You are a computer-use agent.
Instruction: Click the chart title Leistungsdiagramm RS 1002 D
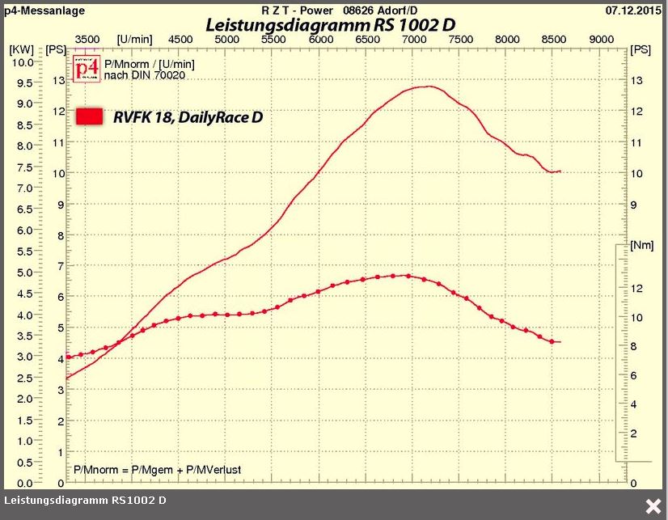[x=330, y=25]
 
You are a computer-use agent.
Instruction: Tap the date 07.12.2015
[x=633, y=10]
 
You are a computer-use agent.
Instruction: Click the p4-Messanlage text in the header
[x=36, y=10]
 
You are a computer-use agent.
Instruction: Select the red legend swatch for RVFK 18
[x=89, y=116]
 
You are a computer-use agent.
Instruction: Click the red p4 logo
[x=86, y=69]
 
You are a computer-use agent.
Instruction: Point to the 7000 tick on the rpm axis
[x=414, y=39]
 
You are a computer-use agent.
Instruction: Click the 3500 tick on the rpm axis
[x=87, y=39]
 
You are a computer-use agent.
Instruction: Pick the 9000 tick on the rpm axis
[x=601, y=39]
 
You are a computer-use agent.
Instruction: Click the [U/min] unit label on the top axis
[x=134, y=39]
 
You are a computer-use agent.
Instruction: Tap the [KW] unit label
[x=21, y=49]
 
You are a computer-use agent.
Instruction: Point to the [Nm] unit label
[x=641, y=245]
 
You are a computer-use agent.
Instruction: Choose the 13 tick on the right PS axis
[x=637, y=80]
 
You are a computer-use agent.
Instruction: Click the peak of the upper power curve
[x=428, y=86]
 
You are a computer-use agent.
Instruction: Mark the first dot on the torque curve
[x=68, y=357]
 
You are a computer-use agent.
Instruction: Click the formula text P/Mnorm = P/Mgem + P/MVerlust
[x=157, y=470]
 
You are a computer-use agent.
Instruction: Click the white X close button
[x=652, y=506]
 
